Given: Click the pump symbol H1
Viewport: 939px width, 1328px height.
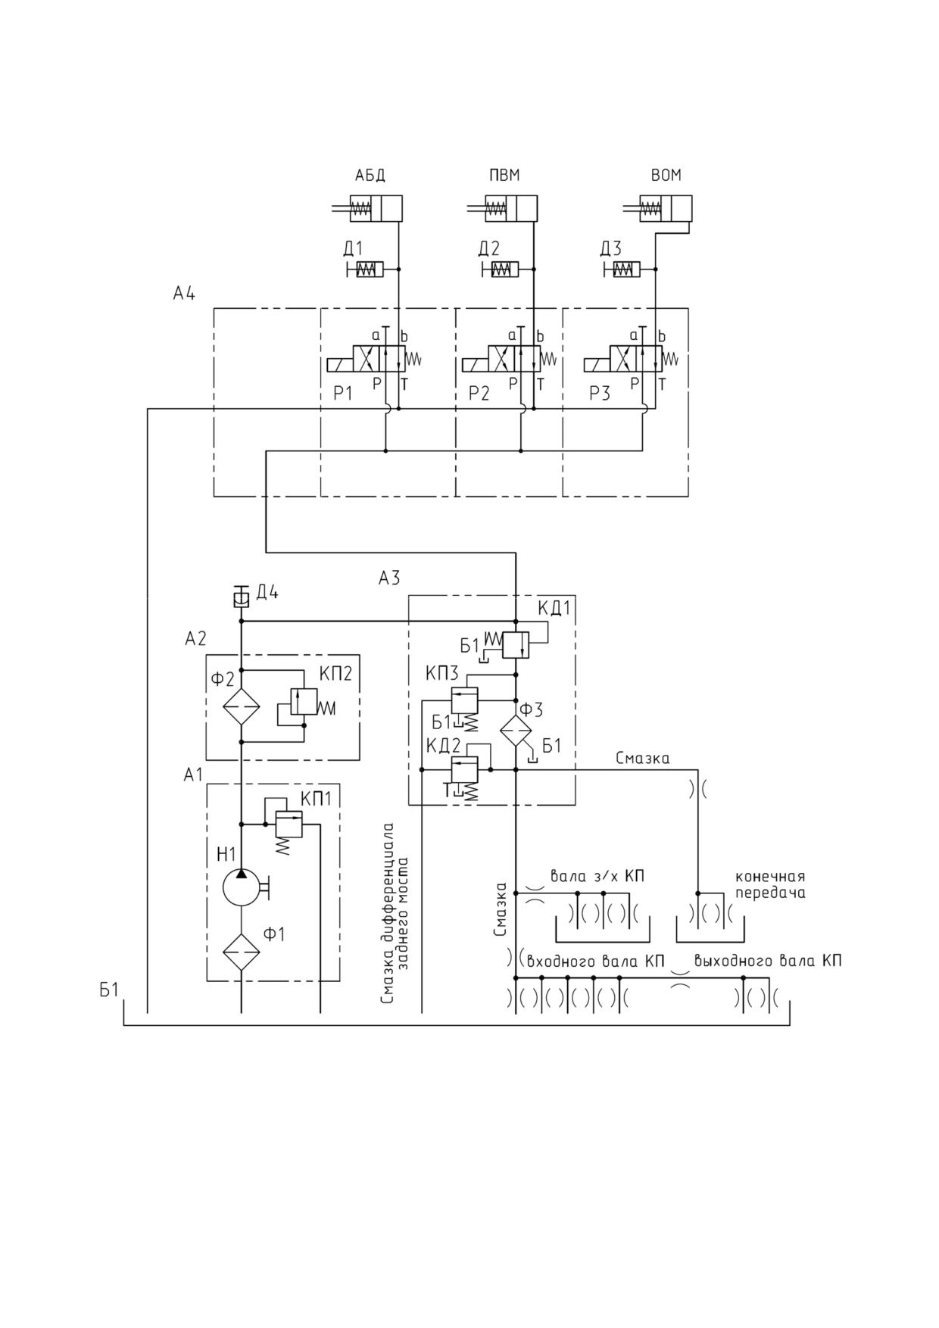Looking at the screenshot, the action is tap(242, 886).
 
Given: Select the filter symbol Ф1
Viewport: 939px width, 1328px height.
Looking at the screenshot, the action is tap(242, 952).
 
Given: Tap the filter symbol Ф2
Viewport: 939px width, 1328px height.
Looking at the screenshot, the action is tap(242, 706).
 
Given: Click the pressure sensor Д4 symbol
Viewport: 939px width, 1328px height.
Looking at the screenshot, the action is tap(241, 598).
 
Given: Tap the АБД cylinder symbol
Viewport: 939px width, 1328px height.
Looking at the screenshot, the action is tap(367, 208).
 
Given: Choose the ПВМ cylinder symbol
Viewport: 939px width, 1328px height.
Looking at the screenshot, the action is tap(502, 208).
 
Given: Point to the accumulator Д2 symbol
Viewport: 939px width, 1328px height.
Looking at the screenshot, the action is tap(500, 270).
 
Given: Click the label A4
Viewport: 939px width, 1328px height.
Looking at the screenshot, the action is tap(184, 293).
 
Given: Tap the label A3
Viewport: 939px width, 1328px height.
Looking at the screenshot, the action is tap(389, 578).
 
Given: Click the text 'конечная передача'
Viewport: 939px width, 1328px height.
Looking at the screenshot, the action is tap(770, 885).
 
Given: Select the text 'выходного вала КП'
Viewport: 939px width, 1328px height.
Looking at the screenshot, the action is tap(768, 962).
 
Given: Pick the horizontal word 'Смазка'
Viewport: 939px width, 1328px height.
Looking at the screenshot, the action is tap(642, 758).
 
